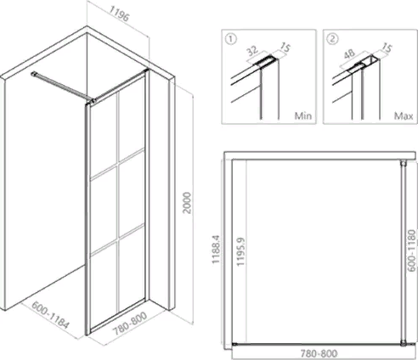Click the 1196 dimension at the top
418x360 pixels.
tap(119, 14)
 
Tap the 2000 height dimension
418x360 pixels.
tap(187, 203)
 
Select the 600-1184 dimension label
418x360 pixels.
tap(50, 315)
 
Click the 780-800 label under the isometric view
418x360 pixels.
tap(130, 323)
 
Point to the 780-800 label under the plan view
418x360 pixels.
tap(319, 353)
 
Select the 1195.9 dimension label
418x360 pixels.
tap(240, 251)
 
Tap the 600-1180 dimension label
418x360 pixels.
tap(412, 250)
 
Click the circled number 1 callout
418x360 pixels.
tap(231, 39)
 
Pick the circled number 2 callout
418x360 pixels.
tap(332, 39)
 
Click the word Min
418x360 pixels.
tap(303, 115)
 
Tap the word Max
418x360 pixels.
tap(404, 115)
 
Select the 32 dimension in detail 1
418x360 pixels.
tap(252, 51)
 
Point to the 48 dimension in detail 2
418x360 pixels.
tap(349, 53)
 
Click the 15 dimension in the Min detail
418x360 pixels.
tap(285, 48)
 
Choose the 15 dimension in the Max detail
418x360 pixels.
tap(387, 48)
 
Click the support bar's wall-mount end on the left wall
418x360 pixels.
tap(34, 74)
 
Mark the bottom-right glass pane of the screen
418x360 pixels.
tap(132, 266)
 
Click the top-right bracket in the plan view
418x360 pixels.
tap(403, 163)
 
